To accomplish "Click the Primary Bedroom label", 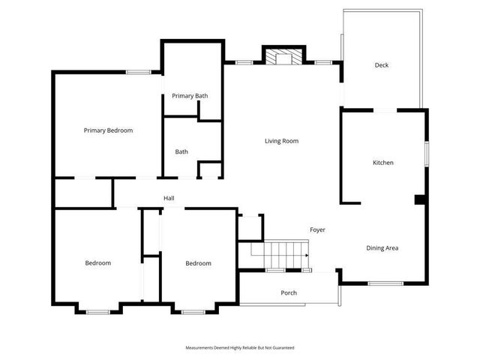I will click(108, 130).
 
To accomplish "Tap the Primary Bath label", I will click(190, 96).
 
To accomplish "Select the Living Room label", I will click(282, 141).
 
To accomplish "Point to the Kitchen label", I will click(383, 163).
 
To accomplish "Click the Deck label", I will click(382, 65).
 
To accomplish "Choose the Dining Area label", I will click(382, 248).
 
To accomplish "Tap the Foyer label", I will click(317, 229).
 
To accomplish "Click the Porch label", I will click(289, 292).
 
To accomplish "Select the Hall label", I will click(169, 198).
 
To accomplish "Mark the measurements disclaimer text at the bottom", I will click(240, 348).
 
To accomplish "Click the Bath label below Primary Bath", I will click(181, 151).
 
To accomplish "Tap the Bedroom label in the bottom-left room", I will click(97, 263).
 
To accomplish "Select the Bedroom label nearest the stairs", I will click(198, 263).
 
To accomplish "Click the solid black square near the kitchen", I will click(421, 199).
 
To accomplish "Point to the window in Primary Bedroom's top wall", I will click(137, 72).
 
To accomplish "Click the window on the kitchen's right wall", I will click(427, 153).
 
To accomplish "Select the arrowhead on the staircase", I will click(307, 255).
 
